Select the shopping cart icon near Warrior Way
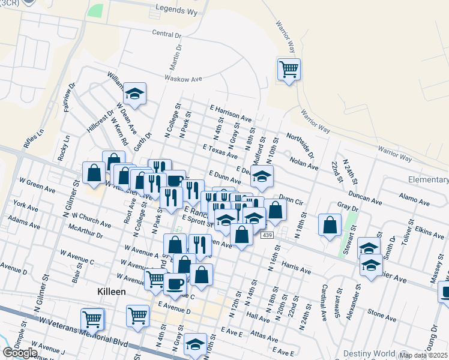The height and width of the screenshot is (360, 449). coord(289,70)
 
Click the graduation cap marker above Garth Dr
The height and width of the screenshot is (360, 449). coord(135,94)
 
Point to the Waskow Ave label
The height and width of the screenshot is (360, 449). coord(184,78)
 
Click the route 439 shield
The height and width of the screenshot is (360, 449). coord(265,235)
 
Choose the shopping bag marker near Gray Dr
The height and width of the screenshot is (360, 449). coord(330,225)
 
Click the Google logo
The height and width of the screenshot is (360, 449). coord(20,353)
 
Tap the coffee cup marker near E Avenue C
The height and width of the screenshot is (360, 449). coord(175,283)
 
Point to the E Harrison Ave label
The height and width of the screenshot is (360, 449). coord(231,112)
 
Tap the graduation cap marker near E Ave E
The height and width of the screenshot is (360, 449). coord(195,344)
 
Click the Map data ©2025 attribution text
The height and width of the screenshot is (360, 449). coord(423,355)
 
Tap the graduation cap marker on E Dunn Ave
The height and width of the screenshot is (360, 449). coord(262,176)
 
